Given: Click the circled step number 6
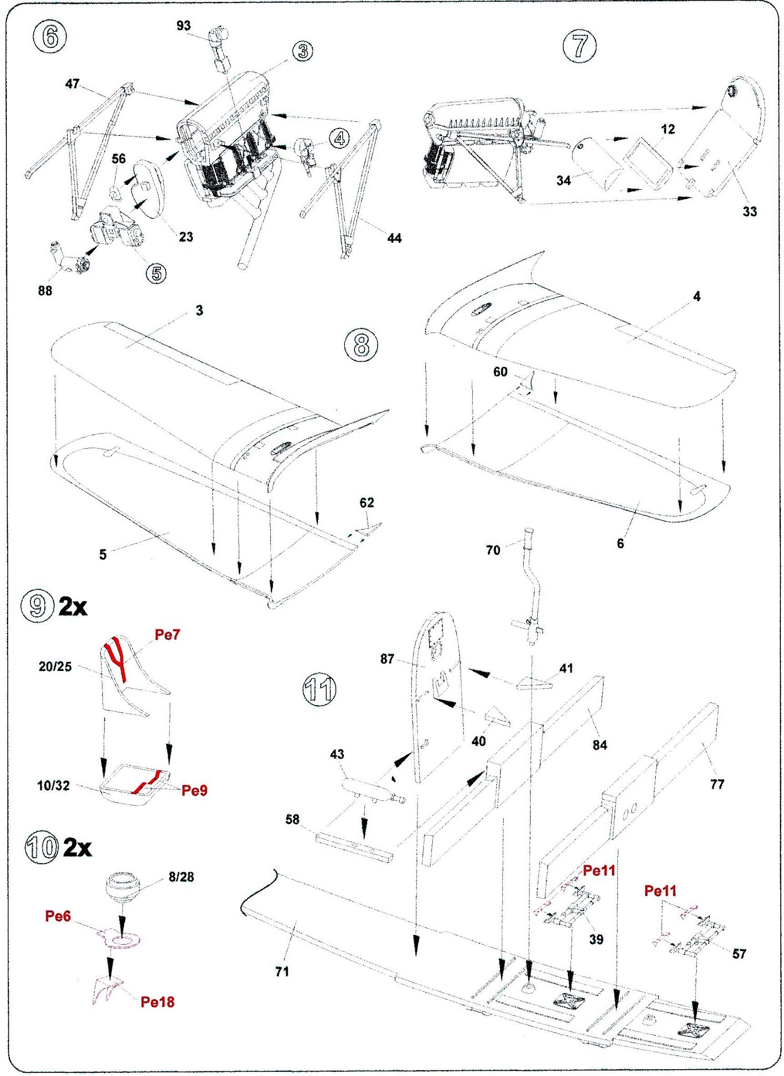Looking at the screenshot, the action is point(49,37).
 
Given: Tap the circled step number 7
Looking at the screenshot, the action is point(579,46).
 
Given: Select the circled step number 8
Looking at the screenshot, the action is point(361,345).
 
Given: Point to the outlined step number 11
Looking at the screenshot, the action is point(320,689).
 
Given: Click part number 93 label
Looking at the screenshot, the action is point(184,26).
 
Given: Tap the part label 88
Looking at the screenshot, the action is point(45,291).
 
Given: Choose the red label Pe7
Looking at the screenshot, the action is point(167,635).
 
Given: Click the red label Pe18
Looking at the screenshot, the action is point(157,1002).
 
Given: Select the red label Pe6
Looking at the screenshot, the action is point(58,916).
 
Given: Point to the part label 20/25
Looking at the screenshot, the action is point(55,666).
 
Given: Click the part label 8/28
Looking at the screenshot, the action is point(181,877).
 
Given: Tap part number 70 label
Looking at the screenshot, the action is point(493,550).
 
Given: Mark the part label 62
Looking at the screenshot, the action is point(366,503).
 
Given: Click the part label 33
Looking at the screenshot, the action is point(749,212).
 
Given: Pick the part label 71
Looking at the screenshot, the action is point(282,972).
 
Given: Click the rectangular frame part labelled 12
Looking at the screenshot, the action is point(648,162).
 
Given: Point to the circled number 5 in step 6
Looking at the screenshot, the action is point(156,273).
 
